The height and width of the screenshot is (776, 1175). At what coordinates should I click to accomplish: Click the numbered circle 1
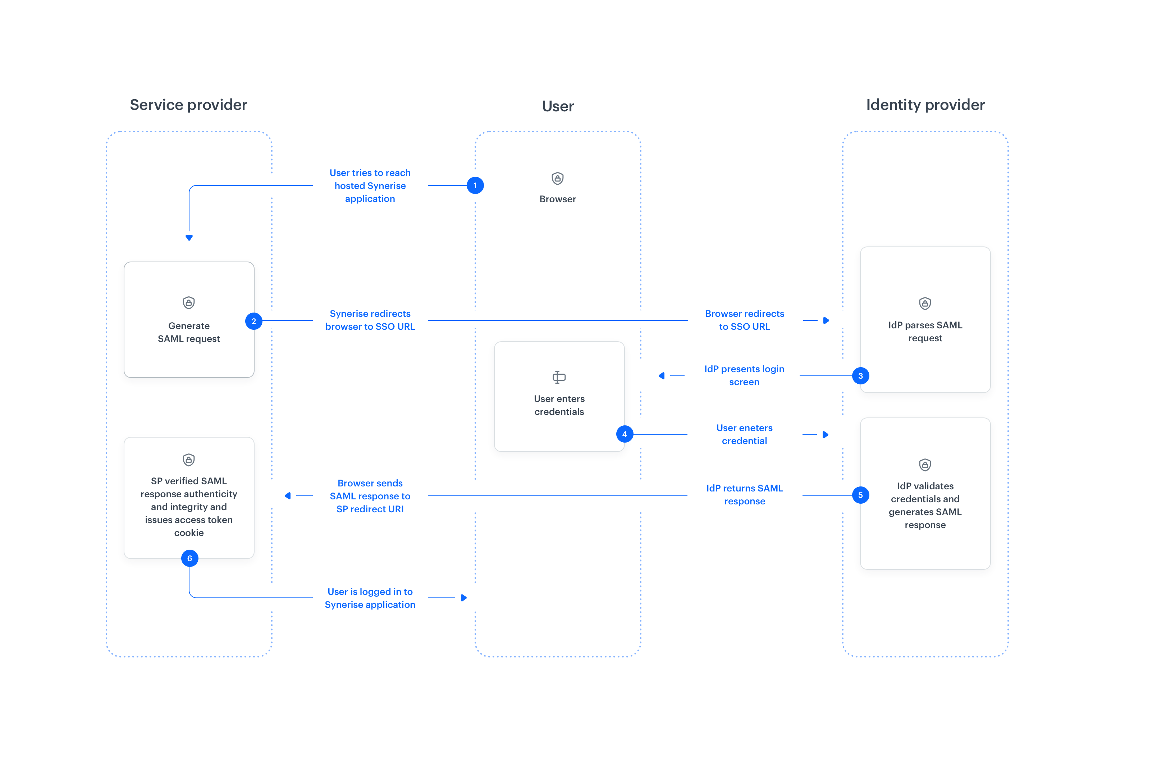click(x=475, y=186)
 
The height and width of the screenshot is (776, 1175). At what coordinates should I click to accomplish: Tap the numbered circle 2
click(x=253, y=321)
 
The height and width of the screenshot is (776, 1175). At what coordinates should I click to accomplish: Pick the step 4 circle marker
click(x=625, y=434)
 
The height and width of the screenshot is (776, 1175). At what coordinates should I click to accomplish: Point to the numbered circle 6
click(x=189, y=559)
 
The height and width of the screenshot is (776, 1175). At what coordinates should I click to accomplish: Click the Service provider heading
click(x=188, y=105)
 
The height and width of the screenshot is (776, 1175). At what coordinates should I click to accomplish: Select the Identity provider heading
click(x=925, y=105)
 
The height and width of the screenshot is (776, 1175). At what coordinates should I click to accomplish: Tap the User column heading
click(x=558, y=106)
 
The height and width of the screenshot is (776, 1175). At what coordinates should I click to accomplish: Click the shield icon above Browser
click(x=558, y=179)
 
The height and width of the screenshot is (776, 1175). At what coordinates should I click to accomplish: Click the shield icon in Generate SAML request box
click(x=189, y=303)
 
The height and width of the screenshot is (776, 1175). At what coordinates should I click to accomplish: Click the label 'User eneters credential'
click(x=744, y=434)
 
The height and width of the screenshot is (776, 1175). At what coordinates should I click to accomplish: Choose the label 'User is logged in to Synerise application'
click(x=370, y=598)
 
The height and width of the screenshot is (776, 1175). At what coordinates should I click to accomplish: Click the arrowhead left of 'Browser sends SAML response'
click(x=288, y=496)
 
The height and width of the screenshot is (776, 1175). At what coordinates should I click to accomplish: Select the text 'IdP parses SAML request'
click(x=925, y=332)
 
